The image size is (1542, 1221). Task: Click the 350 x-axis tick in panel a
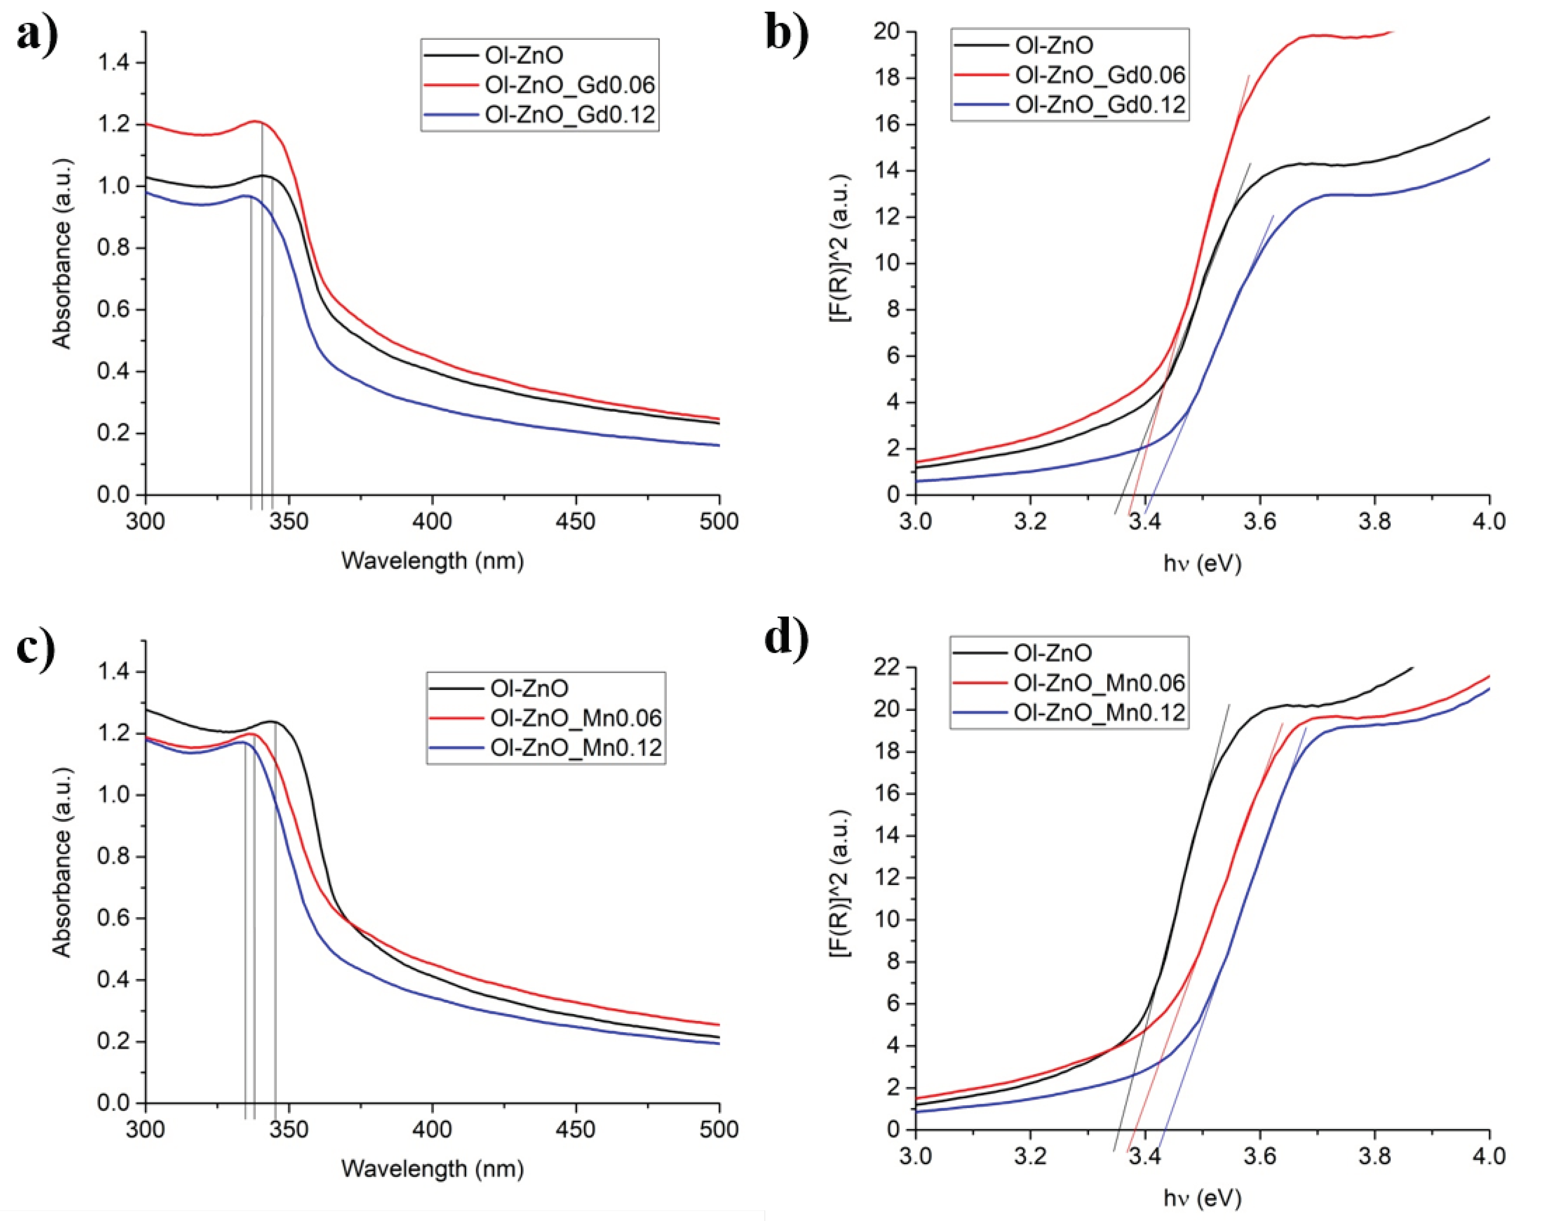click(289, 521)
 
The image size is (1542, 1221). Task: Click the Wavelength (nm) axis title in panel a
click(432, 561)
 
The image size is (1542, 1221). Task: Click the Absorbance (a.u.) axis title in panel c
click(62, 862)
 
